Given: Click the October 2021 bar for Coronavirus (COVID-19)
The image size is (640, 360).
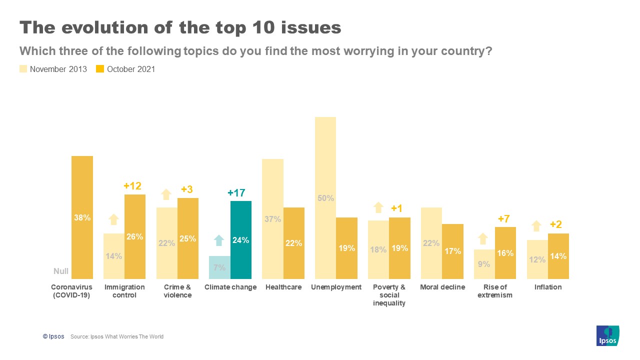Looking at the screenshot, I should pos(82,217).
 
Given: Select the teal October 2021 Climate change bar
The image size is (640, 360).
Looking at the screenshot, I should pos(240,240).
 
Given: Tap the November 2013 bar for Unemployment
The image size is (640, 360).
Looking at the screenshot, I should pos(325,197).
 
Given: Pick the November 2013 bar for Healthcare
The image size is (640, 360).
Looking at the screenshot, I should pos(272,218).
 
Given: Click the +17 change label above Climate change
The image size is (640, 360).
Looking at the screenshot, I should pos(236,193).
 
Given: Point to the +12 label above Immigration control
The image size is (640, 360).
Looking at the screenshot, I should pos(132,186).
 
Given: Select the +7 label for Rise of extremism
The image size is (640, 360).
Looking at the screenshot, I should pos(503,219).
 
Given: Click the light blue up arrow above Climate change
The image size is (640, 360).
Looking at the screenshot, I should pos(219,240).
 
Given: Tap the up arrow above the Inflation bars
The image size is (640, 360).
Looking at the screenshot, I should pos(536,226).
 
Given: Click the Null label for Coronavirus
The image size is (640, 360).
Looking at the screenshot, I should pos(61,271).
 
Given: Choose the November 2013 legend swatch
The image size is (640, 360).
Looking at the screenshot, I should pos(23,69).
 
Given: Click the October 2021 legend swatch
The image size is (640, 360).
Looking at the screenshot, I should pos(100,69).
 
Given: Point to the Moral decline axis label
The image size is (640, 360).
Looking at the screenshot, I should pos(442,287).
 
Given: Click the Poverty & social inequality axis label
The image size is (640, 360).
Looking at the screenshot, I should pos(389,295).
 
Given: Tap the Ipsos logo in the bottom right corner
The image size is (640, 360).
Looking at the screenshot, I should pos(607,335).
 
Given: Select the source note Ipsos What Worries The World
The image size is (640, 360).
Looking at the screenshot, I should pos(117,336).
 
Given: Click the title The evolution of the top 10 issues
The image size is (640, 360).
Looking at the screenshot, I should pos(180,28).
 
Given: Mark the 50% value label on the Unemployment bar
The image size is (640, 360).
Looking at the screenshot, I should pos(325,198).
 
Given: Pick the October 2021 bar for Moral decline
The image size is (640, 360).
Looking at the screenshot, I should pos(453,251).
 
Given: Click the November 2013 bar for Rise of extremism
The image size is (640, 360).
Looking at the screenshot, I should pos(484,264).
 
